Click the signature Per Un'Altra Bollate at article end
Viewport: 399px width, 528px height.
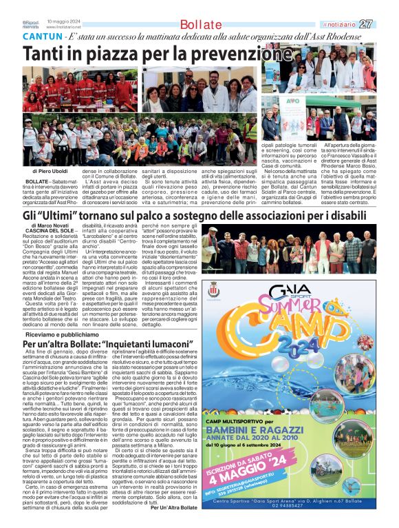174,508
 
